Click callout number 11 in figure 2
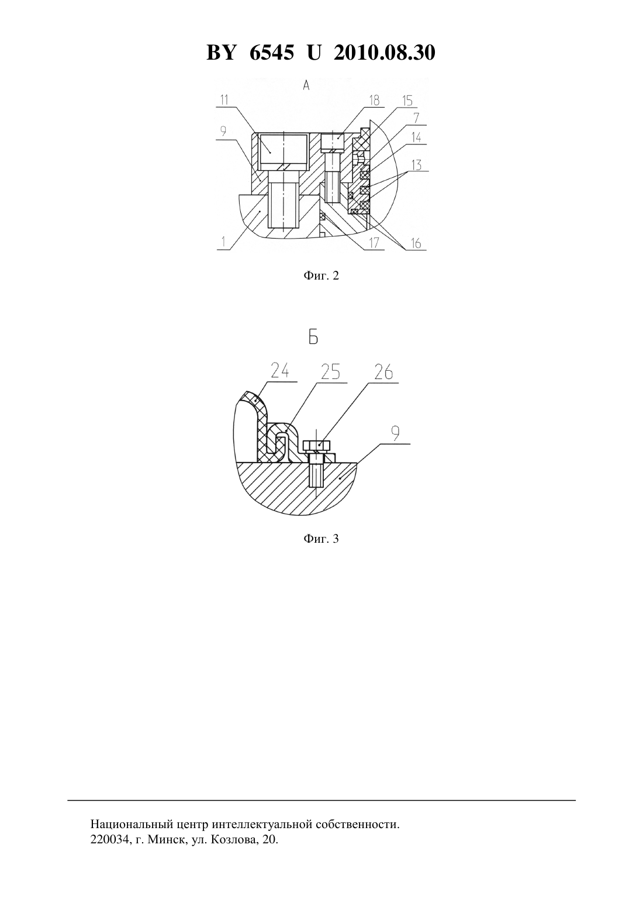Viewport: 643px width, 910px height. click(224, 100)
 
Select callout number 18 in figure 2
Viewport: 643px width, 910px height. click(374, 100)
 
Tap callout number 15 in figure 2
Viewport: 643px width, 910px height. click(407, 100)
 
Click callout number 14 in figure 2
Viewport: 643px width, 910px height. click(416, 137)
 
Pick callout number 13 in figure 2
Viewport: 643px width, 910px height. click(416, 165)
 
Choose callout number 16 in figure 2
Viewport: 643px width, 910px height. click(416, 243)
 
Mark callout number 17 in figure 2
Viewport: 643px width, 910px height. click(374, 243)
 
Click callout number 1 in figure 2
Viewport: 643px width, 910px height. click(223, 242)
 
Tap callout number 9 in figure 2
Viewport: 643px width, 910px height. click(223, 131)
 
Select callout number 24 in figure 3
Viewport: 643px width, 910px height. click(279, 371)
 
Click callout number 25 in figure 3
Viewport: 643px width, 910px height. click(330, 372)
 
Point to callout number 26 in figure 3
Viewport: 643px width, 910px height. click(383, 372)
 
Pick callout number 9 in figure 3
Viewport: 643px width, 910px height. click(395, 434)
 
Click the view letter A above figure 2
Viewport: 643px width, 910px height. click(306, 85)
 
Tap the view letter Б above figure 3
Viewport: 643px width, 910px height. click(313, 338)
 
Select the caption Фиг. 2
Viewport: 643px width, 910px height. click(321, 276)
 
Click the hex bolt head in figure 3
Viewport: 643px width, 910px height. click(317, 445)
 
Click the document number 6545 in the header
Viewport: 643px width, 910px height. click(271, 53)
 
